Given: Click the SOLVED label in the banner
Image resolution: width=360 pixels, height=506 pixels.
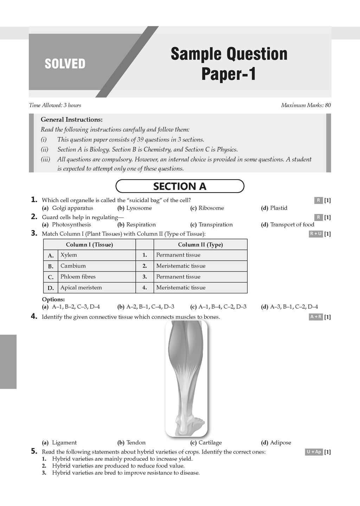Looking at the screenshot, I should pyautogui.click(x=65, y=64).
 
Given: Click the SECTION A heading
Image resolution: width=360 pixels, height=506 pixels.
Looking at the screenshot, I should pyautogui.click(x=180, y=186).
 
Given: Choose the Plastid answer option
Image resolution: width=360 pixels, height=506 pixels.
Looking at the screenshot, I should pyautogui.click(x=274, y=208).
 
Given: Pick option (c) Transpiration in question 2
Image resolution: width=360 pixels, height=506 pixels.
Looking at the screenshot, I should pyautogui.click(x=211, y=225).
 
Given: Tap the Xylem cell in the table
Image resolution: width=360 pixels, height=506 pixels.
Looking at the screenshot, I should pyautogui.click(x=69, y=255).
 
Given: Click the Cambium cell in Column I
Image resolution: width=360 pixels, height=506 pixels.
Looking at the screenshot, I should pyautogui.click(x=73, y=266).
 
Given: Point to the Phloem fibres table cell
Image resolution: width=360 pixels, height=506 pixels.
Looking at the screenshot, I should pyautogui.click(x=78, y=277).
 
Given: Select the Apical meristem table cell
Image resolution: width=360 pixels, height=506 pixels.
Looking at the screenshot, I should pyautogui.click(x=81, y=288).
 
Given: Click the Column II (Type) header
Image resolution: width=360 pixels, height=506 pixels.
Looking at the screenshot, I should pyautogui.click(x=200, y=245).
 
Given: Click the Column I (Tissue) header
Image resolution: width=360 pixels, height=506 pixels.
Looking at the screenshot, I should pyautogui.click(x=89, y=245).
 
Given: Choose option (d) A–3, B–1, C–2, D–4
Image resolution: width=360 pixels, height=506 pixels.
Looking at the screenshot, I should pyautogui.click(x=289, y=307).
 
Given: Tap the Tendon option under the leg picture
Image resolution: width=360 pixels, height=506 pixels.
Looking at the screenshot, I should pyautogui.click(x=131, y=443).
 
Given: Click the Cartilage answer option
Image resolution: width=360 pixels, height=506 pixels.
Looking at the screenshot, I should pyautogui.click(x=206, y=443).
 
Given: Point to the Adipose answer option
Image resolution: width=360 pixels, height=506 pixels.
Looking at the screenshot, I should pyautogui.click(x=276, y=443).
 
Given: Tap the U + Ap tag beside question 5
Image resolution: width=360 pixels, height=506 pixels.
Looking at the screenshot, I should pyautogui.click(x=314, y=452).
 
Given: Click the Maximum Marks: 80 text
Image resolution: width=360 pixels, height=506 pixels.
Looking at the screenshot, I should pyautogui.click(x=306, y=105).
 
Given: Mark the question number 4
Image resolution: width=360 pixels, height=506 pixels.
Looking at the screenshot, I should pyautogui.click(x=34, y=317).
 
